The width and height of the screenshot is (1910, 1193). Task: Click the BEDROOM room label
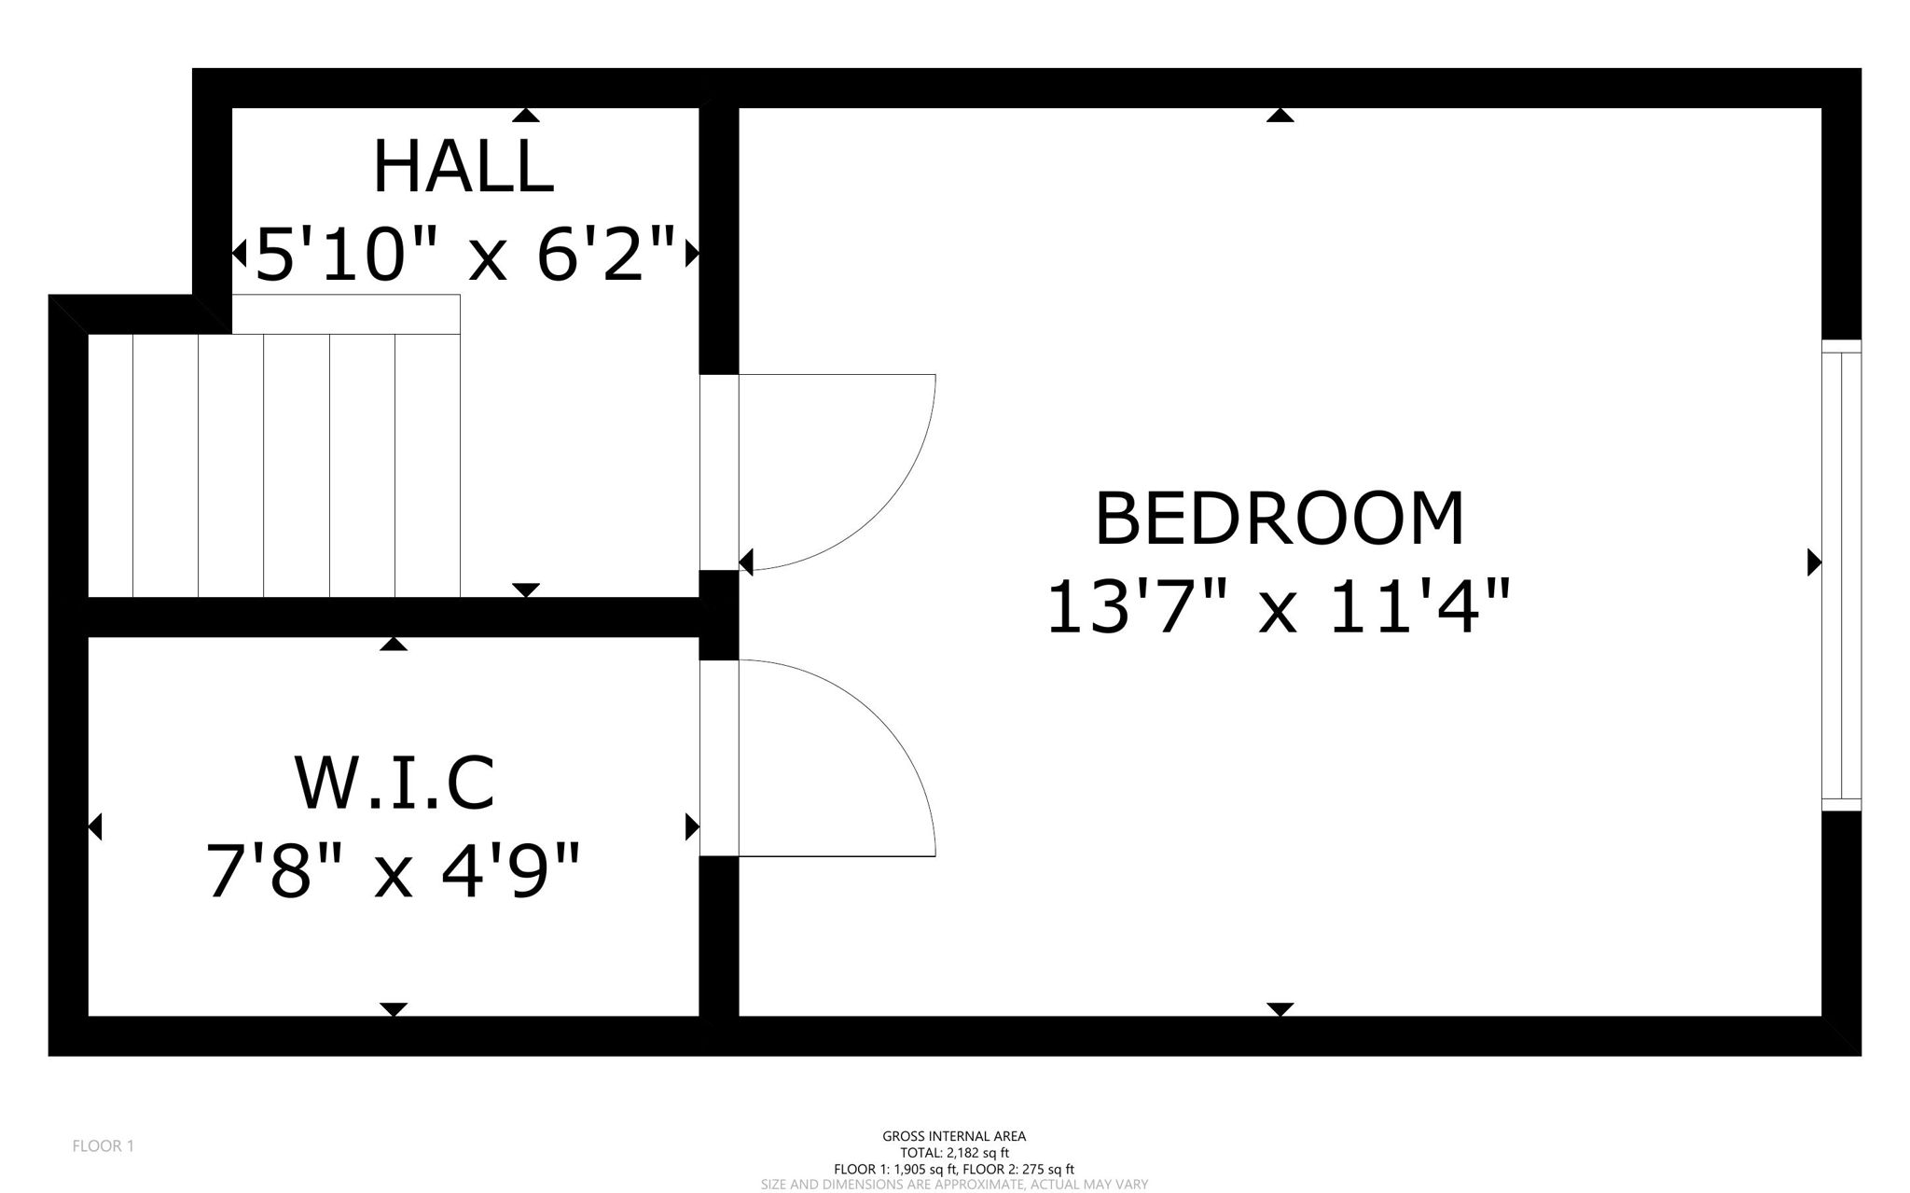pos(1279,519)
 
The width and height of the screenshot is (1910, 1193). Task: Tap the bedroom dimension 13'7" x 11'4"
pos(1277,607)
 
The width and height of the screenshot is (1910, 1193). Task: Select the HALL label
pos(464,168)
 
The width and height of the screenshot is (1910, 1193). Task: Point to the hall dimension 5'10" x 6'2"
pos(464,254)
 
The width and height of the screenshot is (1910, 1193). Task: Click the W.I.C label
pos(394,783)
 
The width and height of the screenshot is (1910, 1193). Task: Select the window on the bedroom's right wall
pos(1841,576)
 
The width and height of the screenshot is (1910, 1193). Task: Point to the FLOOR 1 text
pos(103,1145)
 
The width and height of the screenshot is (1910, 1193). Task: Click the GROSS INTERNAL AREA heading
pos(954,1136)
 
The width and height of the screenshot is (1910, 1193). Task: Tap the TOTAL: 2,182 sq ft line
pos(954,1153)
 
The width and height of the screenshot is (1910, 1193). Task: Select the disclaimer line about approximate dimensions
pos(954,1185)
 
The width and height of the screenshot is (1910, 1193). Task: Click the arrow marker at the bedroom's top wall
pos(1280,116)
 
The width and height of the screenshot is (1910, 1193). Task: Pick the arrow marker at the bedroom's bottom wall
pos(1280,1009)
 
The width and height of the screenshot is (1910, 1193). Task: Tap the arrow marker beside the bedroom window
pos(1814,562)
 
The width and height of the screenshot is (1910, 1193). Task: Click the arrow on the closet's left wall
pos(95,826)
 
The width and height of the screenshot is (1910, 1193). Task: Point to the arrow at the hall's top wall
pos(526,116)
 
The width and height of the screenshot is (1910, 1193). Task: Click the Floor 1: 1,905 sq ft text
pos(895,1169)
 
